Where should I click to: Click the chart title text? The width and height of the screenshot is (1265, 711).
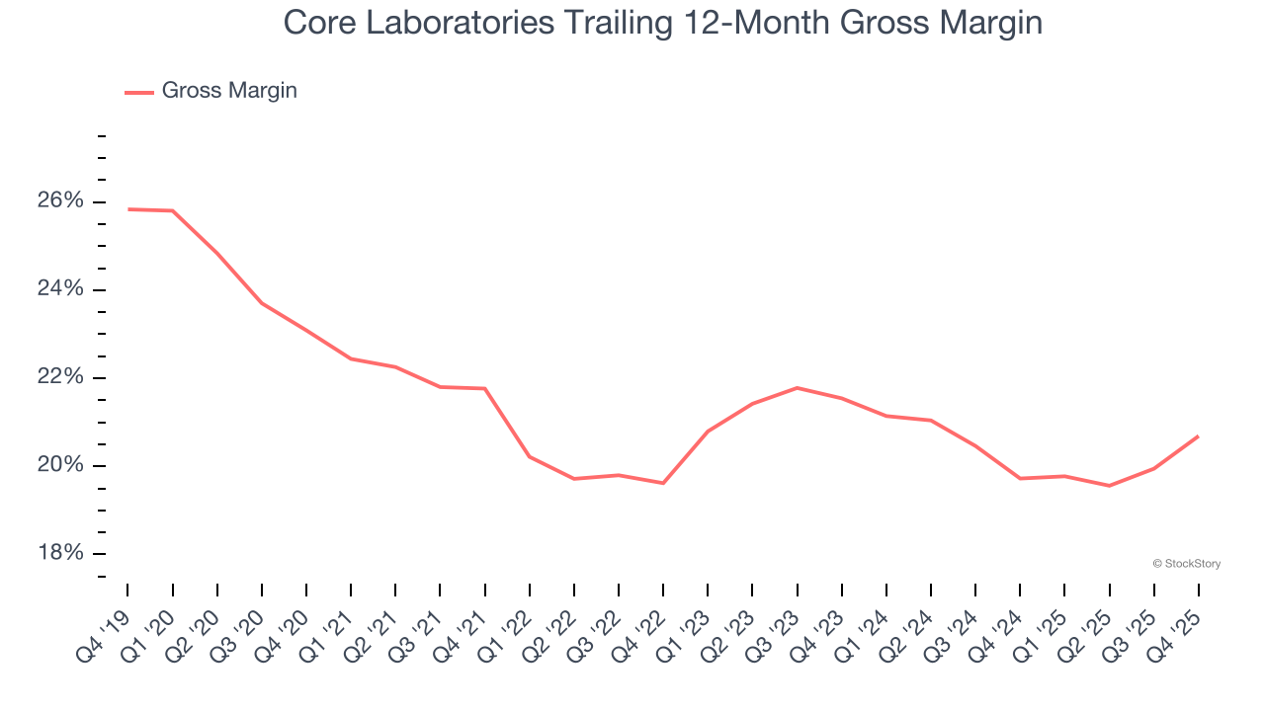(x=662, y=22)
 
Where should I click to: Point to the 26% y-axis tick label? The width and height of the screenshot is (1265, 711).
(x=61, y=201)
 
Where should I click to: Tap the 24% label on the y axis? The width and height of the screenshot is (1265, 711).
(x=61, y=289)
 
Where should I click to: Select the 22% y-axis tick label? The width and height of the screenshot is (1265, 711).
(x=61, y=377)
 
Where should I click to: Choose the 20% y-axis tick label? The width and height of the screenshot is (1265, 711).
(x=61, y=465)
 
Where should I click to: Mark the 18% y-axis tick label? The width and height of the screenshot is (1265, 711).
(x=61, y=553)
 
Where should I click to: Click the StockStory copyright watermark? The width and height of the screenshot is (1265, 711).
(x=1187, y=564)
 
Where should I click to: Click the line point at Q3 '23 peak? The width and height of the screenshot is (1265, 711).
(x=798, y=388)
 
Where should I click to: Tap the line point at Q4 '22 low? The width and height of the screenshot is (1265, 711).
(x=663, y=483)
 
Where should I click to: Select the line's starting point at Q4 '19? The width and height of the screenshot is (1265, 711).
(x=128, y=209)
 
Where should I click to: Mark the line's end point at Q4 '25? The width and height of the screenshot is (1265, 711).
(x=1198, y=436)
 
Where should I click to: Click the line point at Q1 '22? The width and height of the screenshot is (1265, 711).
(x=530, y=456)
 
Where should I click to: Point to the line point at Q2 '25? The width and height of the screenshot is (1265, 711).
(x=1109, y=486)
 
